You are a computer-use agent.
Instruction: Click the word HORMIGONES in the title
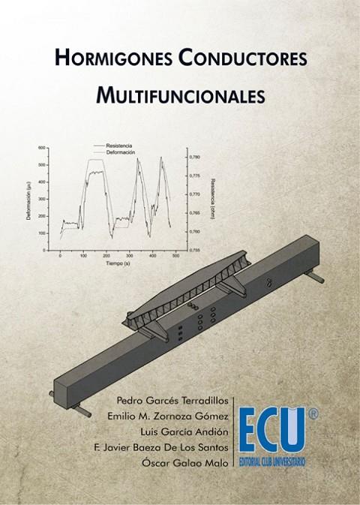[102, 58]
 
